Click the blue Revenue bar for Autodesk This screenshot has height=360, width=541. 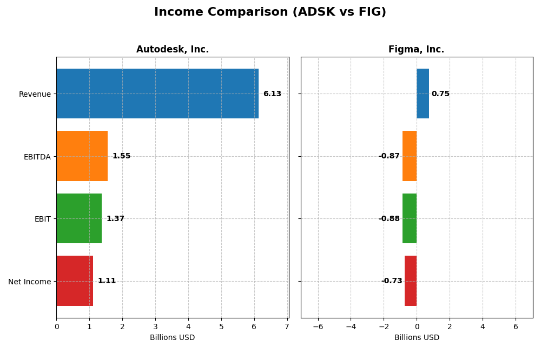point(157,94)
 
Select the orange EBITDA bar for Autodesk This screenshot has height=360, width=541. point(82,156)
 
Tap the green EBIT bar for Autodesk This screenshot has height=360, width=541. point(79,218)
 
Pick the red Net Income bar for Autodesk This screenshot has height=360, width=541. point(75,281)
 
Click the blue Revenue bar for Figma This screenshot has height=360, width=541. point(423,94)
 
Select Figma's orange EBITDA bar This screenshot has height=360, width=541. point(410,156)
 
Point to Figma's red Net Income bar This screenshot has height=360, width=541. point(411,281)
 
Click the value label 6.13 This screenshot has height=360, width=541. point(272,94)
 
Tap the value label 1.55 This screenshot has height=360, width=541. point(121,156)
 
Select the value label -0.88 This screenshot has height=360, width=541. point(389,219)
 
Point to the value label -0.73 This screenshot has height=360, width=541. point(392,281)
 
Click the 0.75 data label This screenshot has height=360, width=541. point(440,94)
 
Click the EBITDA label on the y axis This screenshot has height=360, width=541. point(37,157)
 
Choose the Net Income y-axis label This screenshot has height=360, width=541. point(30,282)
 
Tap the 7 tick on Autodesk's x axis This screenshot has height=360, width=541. point(287,326)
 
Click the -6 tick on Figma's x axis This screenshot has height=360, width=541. point(318,326)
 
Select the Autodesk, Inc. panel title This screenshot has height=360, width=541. point(173,50)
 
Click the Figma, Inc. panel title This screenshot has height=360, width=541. point(417,50)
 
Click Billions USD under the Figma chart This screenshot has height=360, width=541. point(417,338)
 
